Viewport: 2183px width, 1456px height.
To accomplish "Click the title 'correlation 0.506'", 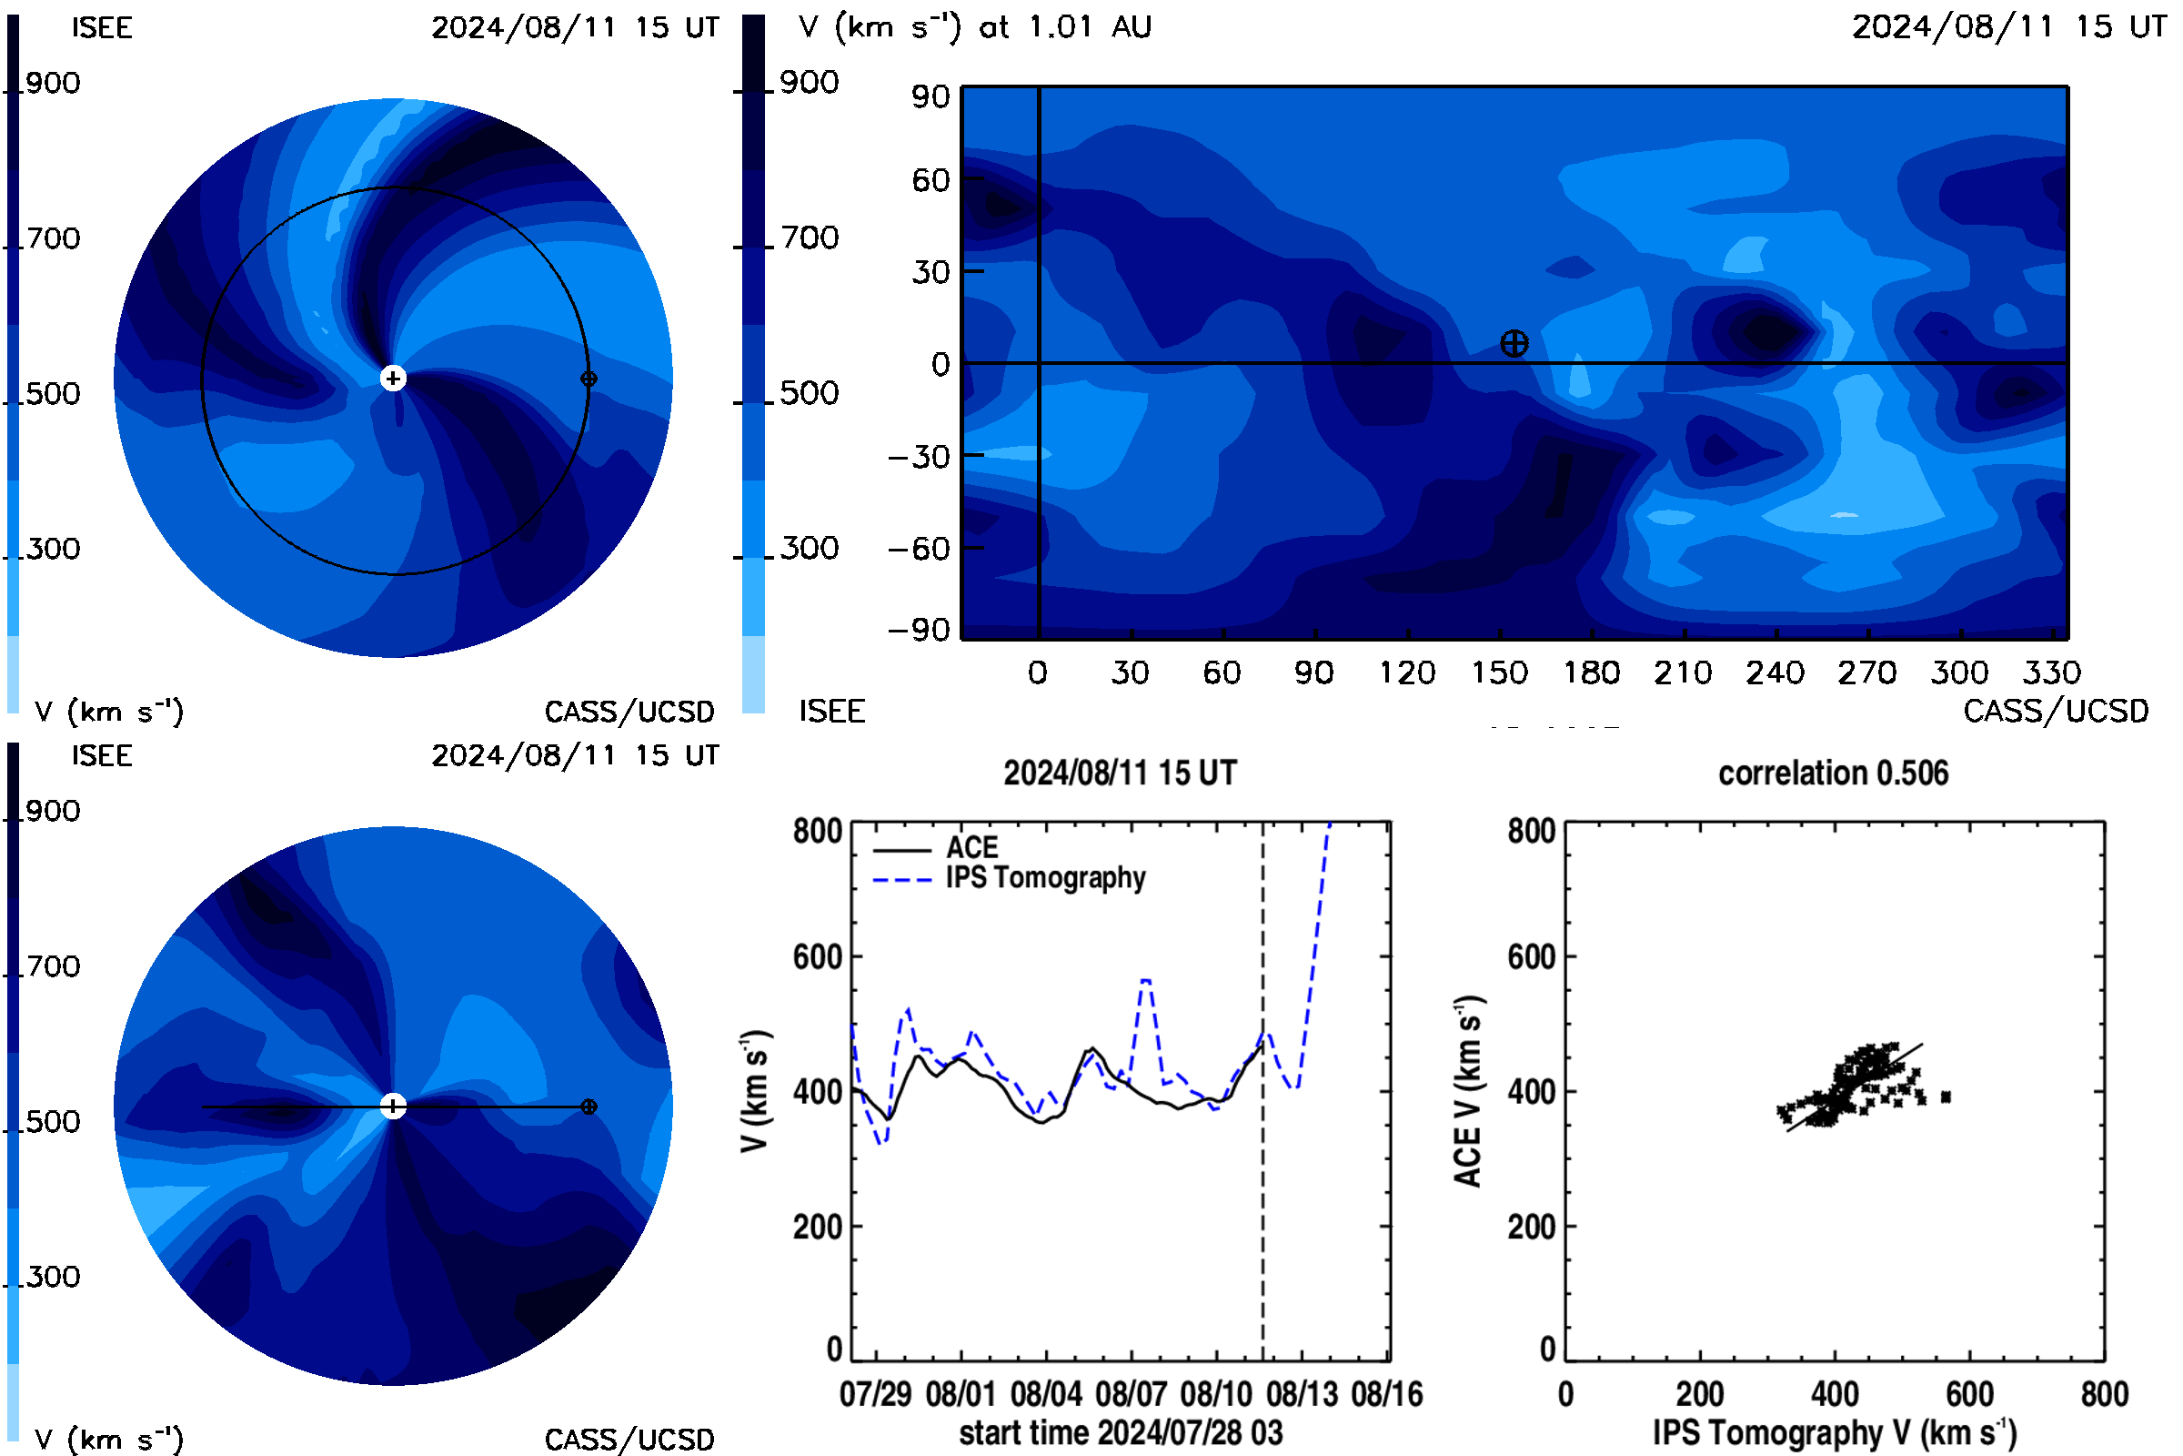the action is (x=1833, y=773).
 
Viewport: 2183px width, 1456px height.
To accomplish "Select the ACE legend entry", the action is (x=936, y=848).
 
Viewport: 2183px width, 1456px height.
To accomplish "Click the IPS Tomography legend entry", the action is (x=1009, y=878).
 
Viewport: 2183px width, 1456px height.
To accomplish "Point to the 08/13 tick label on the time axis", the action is (x=1303, y=1394).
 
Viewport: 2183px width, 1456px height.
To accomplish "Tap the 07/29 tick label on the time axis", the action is (x=875, y=1394).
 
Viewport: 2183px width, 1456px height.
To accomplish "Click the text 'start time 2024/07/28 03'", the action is (x=1121, y=1432).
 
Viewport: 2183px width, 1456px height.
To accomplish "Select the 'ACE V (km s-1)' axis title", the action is (x=1468, y=1091).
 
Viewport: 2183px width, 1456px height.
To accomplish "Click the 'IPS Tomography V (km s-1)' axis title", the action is (x=1834, y=1432).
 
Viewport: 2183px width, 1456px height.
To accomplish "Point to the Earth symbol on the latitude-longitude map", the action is (x=1514, y=344).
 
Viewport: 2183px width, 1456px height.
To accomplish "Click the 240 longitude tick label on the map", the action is (x=1775, y=672).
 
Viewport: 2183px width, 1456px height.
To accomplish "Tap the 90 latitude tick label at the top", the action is (x=931, y=96).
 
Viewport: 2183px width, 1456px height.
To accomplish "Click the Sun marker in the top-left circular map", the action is (x=393, y=378).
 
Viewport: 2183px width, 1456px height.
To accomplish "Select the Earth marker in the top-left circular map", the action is (x=589, y=379).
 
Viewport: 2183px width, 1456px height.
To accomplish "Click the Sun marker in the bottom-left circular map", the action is (x=393, y=1106).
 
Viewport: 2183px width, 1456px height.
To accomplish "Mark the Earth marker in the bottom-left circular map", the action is (x=589, y=1107).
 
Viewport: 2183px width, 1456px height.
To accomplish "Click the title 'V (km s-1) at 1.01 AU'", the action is (x=974, y=26).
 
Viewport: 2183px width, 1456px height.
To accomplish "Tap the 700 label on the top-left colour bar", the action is (x=54, y=238).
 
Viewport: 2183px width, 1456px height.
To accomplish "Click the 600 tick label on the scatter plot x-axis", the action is (x=1969, y=1394).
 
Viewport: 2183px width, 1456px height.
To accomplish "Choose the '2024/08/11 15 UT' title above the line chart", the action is (x=1121, y=773).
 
